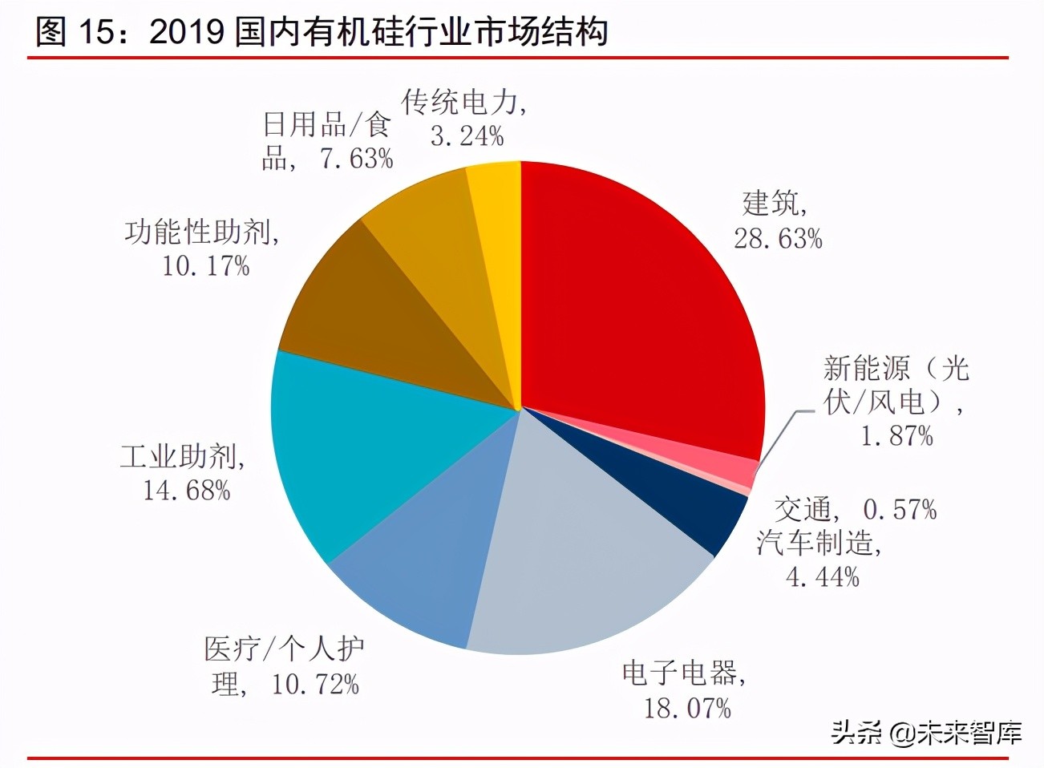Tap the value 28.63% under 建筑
pyautogui.click(x=778, y=239)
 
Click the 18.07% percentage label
pyautogui.click(x=687, y=708)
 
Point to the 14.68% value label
pyautogui.click(x=186, y=490)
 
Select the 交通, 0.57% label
pyautogui.click(x=855, y=509)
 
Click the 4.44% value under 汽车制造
pyautogui.click(x=822, y=576)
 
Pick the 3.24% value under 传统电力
pyautogui.click(x=467, y=136)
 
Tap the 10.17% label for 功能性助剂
pyautogui.click(x=206, y=265)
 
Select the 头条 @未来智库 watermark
pyautogui.click(x=925, y=733)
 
